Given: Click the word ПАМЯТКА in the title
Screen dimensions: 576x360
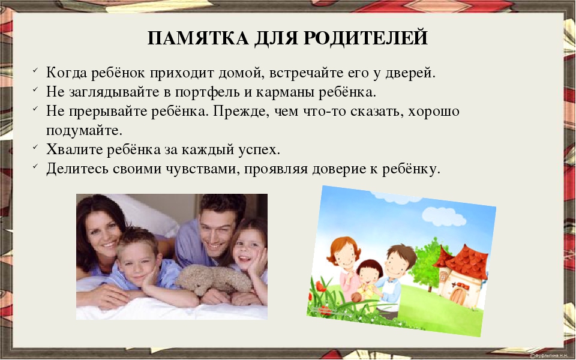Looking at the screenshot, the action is (199, 37).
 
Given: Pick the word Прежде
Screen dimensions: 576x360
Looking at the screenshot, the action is (239, 111).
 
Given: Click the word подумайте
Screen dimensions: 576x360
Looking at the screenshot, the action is (84, 131).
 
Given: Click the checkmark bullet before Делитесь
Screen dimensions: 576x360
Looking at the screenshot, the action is (35, 166).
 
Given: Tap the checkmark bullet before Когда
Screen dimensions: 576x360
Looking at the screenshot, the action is (35, 70).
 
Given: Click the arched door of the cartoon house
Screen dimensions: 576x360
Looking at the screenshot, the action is (458, 295).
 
